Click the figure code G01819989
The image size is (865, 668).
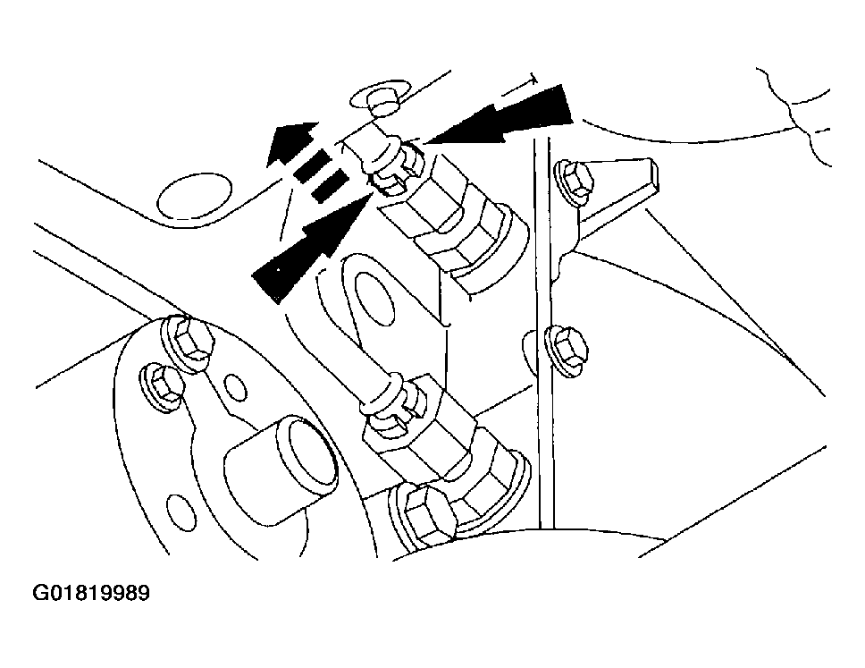coord(90,594)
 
